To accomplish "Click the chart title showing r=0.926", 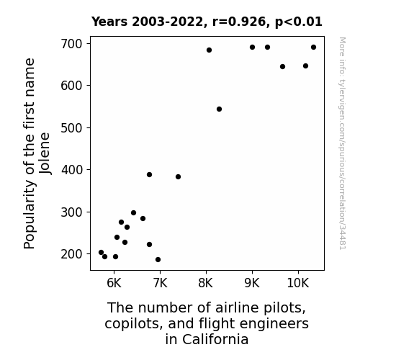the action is (x=207, y=22).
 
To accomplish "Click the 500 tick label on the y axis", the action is (x=71, y=128).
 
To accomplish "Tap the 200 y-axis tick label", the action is (x=71, y=254).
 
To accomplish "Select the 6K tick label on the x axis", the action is (x=114, y=283).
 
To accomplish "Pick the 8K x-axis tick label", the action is (x=206, y=283).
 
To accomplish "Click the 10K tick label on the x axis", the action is (x=298, y=283).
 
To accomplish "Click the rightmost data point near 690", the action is (x=313, y=48).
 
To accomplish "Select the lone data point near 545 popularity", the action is (x=219, y=109).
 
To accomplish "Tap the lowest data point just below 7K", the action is (x=158, y=260).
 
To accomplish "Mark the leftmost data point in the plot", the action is (x=101, y=253).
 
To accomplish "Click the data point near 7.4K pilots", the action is (x=179, y=176).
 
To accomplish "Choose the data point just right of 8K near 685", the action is (x=209, y=50).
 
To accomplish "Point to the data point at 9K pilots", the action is (x=252, y=48).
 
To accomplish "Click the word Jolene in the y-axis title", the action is (x=45, y=153).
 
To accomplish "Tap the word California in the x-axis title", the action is (x=215, y=339).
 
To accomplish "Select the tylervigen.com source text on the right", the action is (x=343, y=143).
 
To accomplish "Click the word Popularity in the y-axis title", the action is (x=30, y=215).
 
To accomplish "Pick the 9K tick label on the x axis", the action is (x=252, y=283).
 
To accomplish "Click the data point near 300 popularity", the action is (x=134, y=213).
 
